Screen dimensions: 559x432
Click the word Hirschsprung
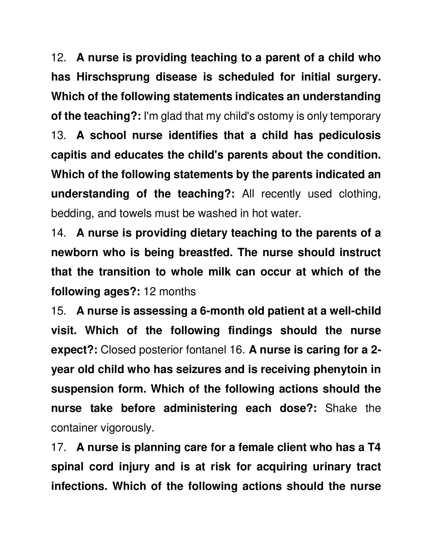[x=113, y=77]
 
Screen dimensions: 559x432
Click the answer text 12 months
[x=170, y=291]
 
